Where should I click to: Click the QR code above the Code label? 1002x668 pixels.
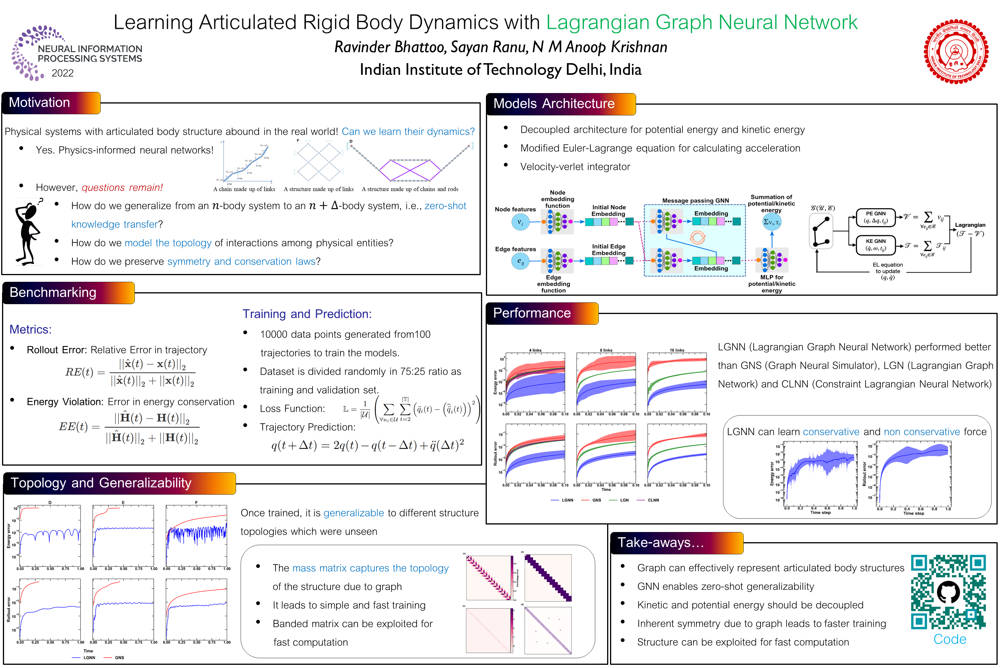click(948, 592)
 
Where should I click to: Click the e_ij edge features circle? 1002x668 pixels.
click(520, 261)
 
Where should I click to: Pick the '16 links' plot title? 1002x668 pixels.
click(676, 350)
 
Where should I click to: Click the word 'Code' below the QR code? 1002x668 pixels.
click(950, 640)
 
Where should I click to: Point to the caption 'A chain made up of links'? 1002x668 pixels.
click(244, 189)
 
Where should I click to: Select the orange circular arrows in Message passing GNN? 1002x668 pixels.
click(697, 237)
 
